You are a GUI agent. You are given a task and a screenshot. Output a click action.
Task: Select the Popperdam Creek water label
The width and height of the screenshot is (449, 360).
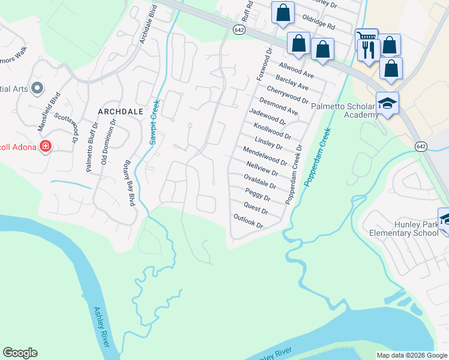[x=318, y=156]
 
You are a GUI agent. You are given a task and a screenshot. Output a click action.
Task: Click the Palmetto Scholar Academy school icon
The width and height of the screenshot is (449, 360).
[x=387, y=103]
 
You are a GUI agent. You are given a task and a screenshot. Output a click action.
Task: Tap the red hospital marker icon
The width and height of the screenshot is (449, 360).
[x=45, y=146]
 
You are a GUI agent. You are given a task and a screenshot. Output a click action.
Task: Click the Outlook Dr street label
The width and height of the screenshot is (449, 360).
[x=249, y=221]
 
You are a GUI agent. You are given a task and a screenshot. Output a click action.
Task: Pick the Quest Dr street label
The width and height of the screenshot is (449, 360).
[x=256, y=207]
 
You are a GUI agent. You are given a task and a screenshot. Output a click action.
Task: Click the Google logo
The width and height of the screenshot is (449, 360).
[x=20, y=353]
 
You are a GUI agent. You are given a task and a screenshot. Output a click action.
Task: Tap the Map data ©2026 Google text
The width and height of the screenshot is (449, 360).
[x=411, y=355]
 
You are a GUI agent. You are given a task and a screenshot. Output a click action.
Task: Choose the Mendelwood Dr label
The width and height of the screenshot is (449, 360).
[x=265, y=155]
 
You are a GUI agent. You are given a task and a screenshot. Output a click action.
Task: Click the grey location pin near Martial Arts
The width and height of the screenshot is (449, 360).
[x=37, y=88]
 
